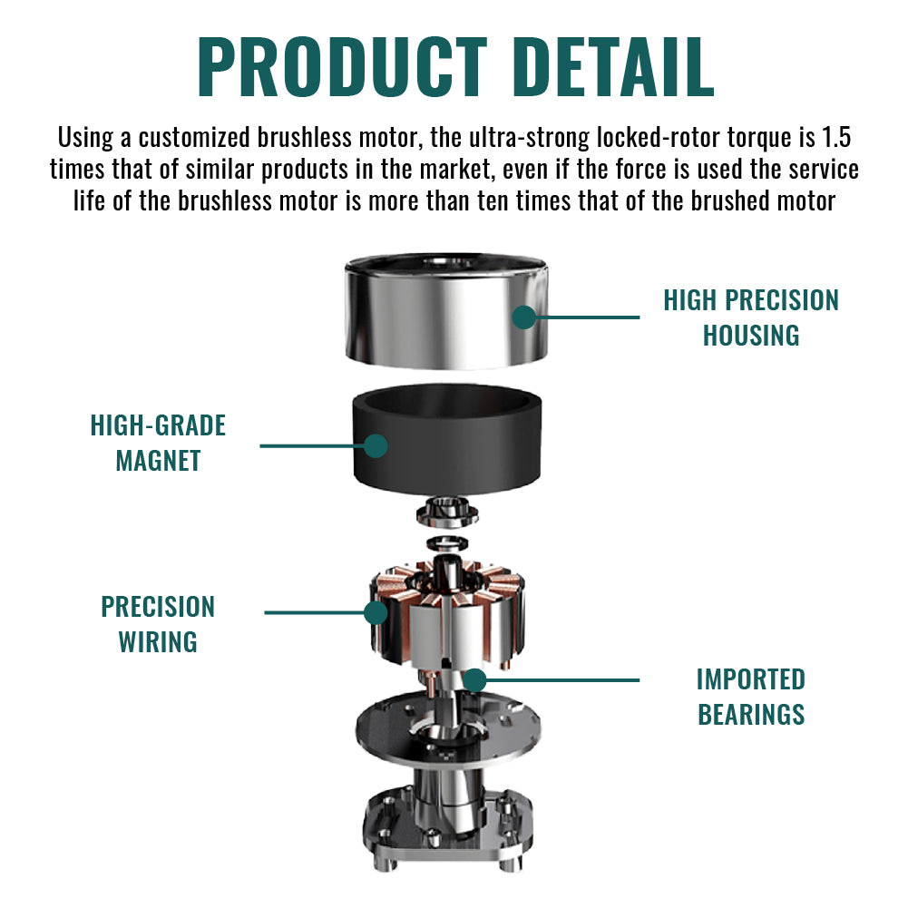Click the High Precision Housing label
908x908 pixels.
(x=751, y=317)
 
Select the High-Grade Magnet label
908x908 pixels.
(x=158, y=443)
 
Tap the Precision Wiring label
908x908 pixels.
(x=158, y=624)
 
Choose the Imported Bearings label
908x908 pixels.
(x=751, y=697)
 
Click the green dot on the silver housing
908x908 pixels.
(x=523, y=317)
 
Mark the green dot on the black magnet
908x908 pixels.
(x=376, y=445)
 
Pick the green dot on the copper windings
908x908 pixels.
(x=376, y=612)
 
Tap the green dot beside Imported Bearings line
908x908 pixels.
(x=474, y=679)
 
